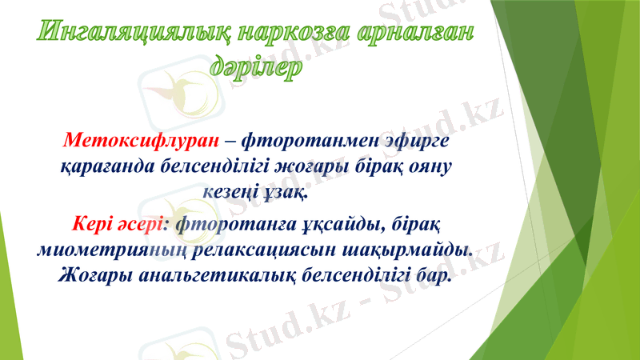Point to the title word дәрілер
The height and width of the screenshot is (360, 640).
pyautogui.click(x=256, y=68)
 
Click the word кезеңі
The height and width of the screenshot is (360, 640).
pyautogui.click(x=231, y=193)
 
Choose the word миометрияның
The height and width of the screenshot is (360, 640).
pyautogui.click(x=112, y=249)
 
